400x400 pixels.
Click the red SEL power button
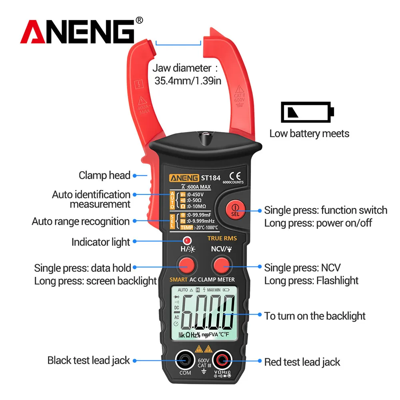pos(235,209)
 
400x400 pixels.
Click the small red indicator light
pos(186,240)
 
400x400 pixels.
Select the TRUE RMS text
pos(222,238)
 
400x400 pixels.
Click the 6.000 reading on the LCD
pos(208,312)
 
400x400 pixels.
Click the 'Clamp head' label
pos(104,175)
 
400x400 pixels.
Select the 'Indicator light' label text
pos(101,242)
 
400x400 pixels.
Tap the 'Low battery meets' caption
pos(309,133)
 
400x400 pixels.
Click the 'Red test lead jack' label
pos(302,362)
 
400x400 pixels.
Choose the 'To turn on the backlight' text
pos(315,316)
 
